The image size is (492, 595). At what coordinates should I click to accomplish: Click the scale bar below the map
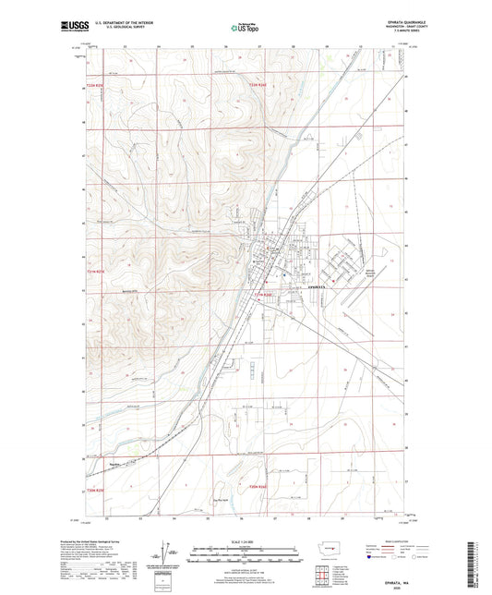tap(246, 557)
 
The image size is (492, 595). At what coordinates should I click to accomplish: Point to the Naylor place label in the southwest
tap(114, 465)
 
